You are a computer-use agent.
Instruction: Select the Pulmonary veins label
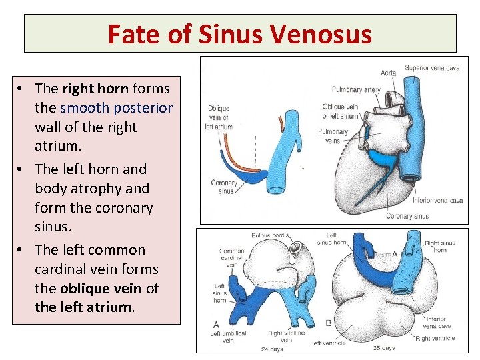coord(333,136)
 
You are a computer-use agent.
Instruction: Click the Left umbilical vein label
coord(228,337)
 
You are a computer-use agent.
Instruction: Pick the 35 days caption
coord(384,348)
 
